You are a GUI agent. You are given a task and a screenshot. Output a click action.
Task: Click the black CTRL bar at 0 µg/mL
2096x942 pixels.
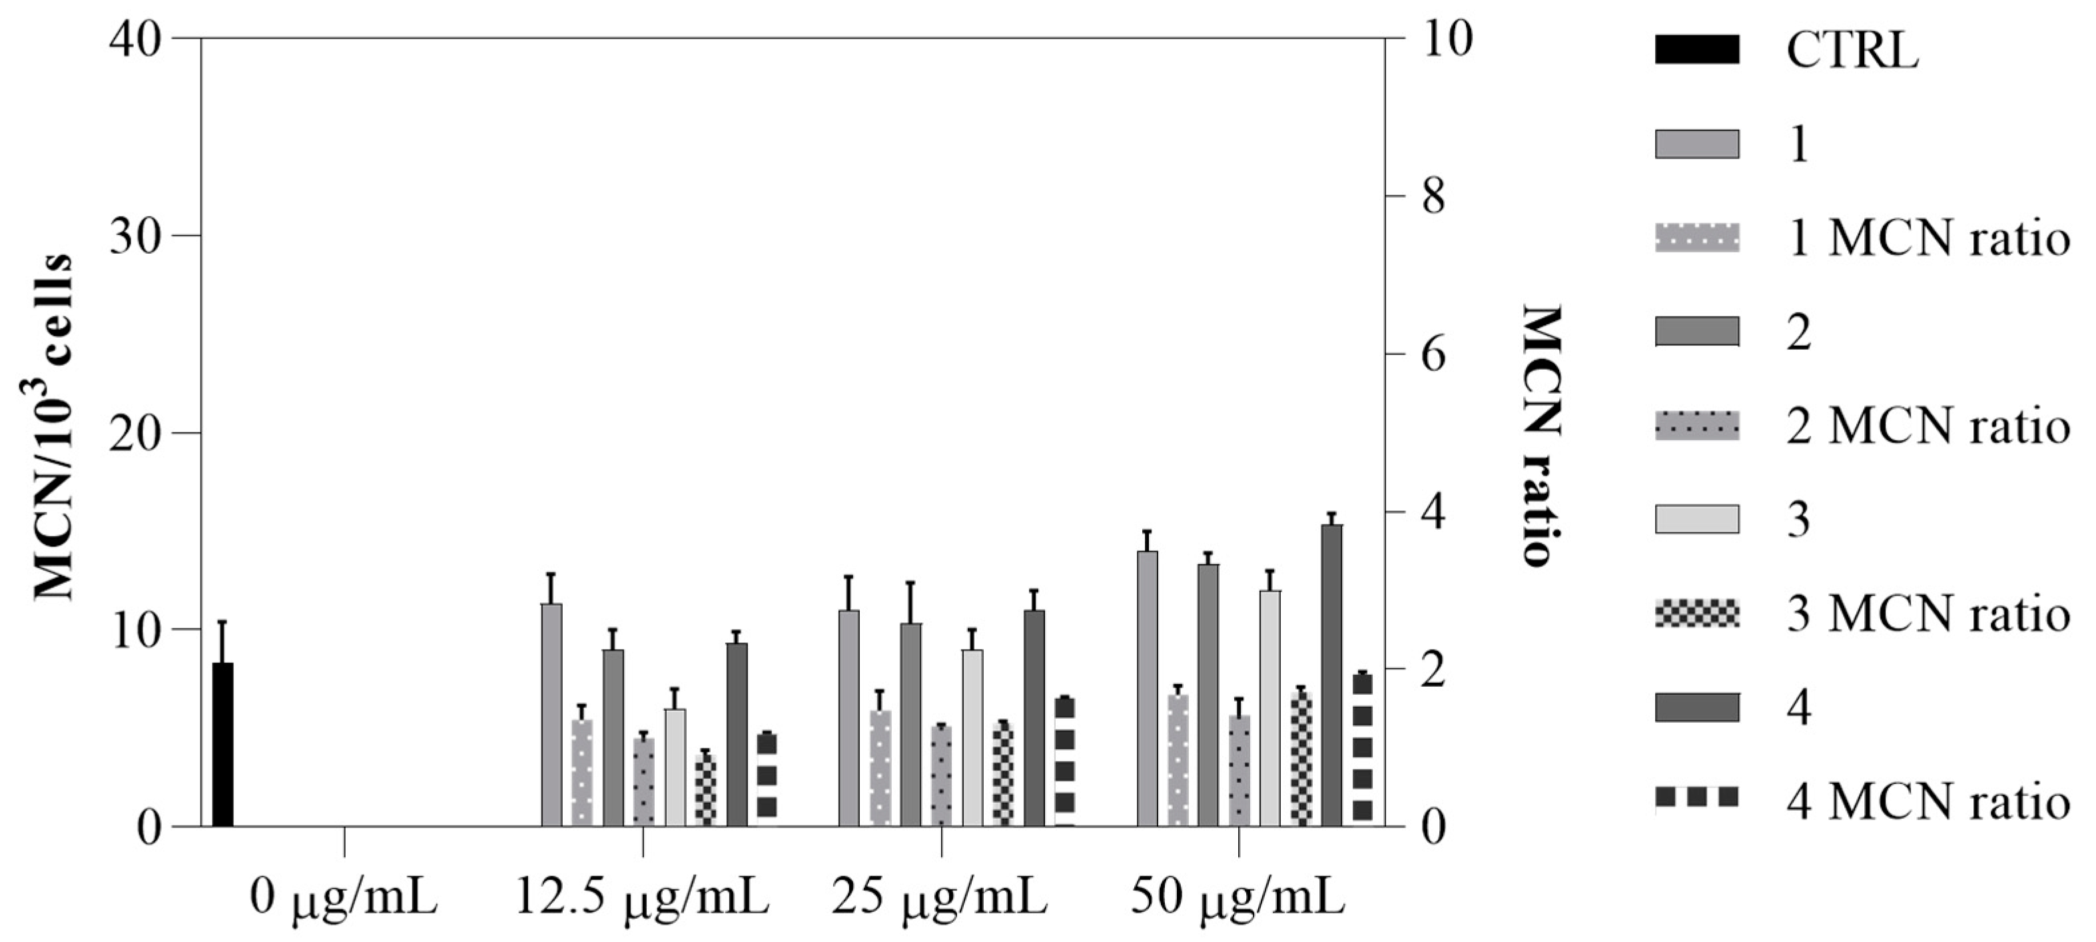tap(223, 744)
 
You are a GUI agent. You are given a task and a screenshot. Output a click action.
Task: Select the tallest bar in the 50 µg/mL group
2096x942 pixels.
tap(1332, 675)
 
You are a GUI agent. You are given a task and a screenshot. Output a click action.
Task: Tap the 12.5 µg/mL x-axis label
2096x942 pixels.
tap(643, 901)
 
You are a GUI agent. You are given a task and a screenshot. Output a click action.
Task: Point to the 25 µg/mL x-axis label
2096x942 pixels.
tap(940, 901)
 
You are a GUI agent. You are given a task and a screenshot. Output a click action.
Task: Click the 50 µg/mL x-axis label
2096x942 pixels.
tap(1237, 901)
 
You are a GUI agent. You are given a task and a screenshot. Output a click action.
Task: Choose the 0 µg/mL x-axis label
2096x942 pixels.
tap(344, 901)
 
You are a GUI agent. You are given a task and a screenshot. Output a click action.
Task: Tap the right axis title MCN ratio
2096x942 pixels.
tap(1541, 436)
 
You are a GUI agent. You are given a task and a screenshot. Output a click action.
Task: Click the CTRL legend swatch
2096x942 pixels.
tap(1696, 50)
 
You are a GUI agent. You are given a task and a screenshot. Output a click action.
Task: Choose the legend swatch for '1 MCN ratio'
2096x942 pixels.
tap(1696, 238)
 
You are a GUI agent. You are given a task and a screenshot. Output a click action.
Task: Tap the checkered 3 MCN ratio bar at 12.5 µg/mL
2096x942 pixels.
tap(705, 789)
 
